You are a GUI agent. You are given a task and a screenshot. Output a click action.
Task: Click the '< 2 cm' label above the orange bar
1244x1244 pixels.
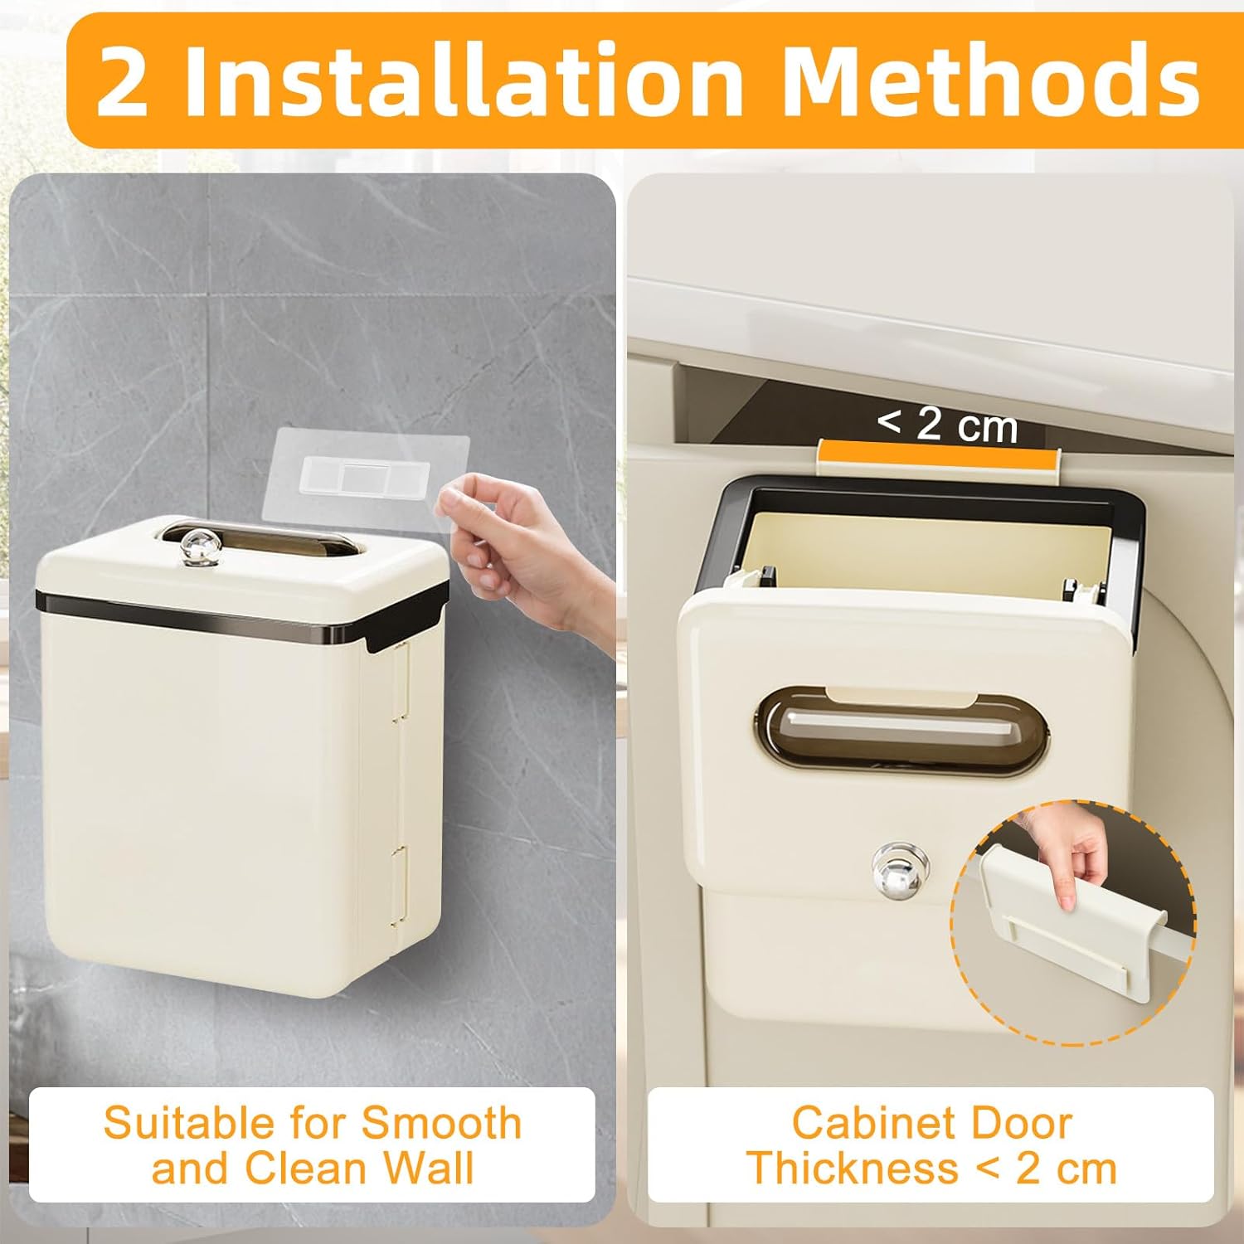[x=947, y=424]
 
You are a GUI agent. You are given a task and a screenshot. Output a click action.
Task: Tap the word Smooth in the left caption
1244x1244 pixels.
[x=441, y=1124]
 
